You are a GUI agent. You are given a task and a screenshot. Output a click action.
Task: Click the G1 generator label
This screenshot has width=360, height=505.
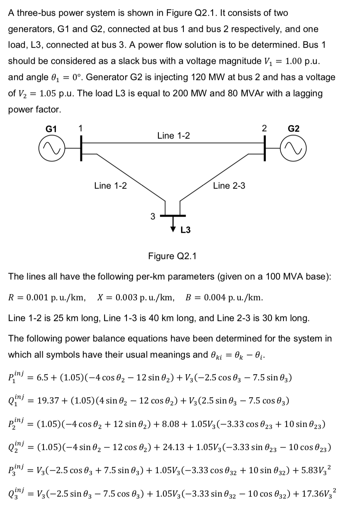tap(51, 129)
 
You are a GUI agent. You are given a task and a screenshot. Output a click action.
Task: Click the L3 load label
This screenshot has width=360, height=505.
tap(185, 230)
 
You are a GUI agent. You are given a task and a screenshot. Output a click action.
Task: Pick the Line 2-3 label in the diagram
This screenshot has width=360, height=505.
tap(229, 186)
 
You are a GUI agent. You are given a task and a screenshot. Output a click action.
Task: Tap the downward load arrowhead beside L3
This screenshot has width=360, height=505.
tap(174, 228)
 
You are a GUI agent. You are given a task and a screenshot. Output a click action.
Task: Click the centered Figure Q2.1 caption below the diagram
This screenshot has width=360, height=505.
tap(172, 256)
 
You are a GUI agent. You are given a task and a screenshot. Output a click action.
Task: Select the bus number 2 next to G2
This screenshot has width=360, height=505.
tap(264, 128)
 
